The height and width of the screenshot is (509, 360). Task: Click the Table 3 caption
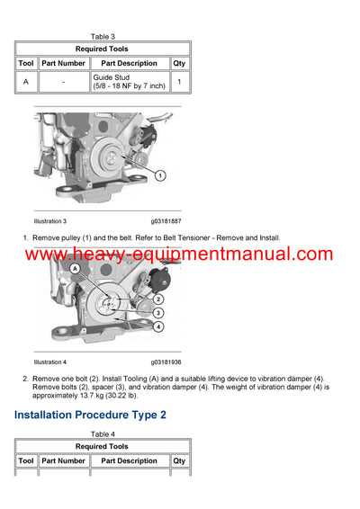point(103,36)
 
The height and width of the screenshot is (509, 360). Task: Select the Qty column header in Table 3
point(179,63)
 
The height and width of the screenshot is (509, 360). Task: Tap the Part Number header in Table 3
point(63,63)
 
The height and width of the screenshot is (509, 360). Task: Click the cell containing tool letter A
point(26,82)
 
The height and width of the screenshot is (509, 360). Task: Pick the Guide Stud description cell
point(129,82)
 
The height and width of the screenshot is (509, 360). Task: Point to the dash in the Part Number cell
point(63,82)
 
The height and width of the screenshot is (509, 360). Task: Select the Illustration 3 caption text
point(50,220)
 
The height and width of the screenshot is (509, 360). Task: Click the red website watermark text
point(179,254)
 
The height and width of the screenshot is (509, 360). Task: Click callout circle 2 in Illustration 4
point(158,299)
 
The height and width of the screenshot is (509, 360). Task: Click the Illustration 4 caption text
point(50,362)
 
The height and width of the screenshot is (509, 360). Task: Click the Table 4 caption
point(103,433)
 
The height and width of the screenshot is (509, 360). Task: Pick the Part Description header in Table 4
point(129,460)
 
